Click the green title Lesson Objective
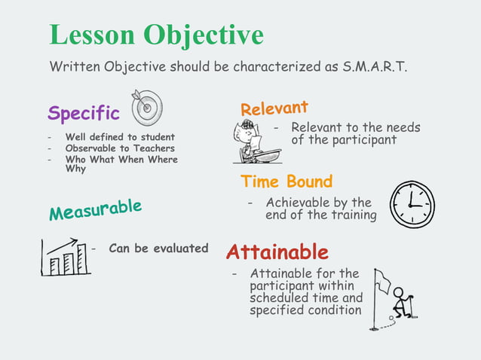157,35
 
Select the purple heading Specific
84,114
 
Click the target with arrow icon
147,108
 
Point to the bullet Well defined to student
120,137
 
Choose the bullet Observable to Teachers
120,148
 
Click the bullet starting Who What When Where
121,160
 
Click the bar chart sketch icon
66,257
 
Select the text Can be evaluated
158,248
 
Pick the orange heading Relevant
274,108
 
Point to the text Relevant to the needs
355,127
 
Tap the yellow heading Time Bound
286,182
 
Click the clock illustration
412,204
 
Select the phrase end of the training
320,215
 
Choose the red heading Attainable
277,252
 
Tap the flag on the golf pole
382,281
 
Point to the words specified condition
305,310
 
